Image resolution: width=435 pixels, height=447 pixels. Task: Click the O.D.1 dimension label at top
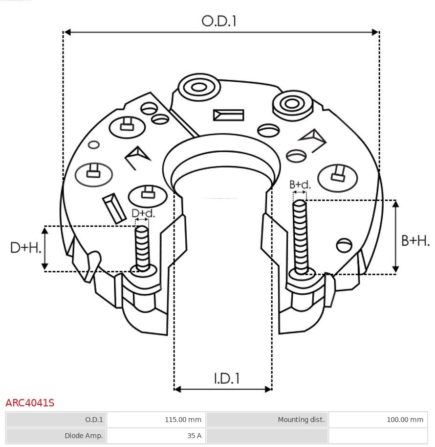click(x=219, y=21)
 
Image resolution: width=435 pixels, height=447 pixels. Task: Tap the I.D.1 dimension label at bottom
click(x=226, y=378)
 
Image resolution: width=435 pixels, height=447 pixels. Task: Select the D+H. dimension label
click(x=25, y=248)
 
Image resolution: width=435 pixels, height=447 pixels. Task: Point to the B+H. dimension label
click(x=415, y=240)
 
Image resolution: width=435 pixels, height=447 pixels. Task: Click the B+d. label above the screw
click(x=300, y=185)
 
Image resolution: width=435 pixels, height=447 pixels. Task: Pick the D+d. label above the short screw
click(x=143, y=213)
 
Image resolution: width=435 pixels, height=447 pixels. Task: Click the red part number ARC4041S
click(x=30, y=403)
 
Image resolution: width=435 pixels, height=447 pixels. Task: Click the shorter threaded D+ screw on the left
click(x=142, y=248)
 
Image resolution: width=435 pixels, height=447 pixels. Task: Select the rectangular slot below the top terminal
click(x=228, y=115)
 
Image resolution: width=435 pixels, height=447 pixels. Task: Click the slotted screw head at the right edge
click(x=345, y=245)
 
